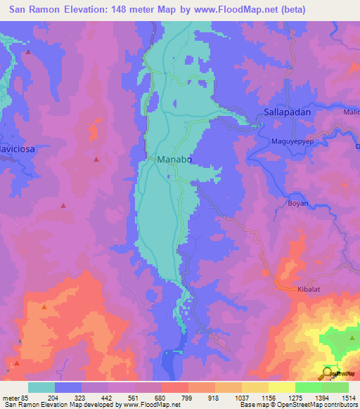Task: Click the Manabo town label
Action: [x=174, y=160]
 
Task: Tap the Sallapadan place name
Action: [x=287, y=112]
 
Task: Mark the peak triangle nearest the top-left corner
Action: [x=28, y=52]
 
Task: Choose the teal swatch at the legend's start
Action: [x=41, y=387]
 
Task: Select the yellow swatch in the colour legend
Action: [x=282, y=387]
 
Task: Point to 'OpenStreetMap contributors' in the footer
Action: [x=316, y=405]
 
